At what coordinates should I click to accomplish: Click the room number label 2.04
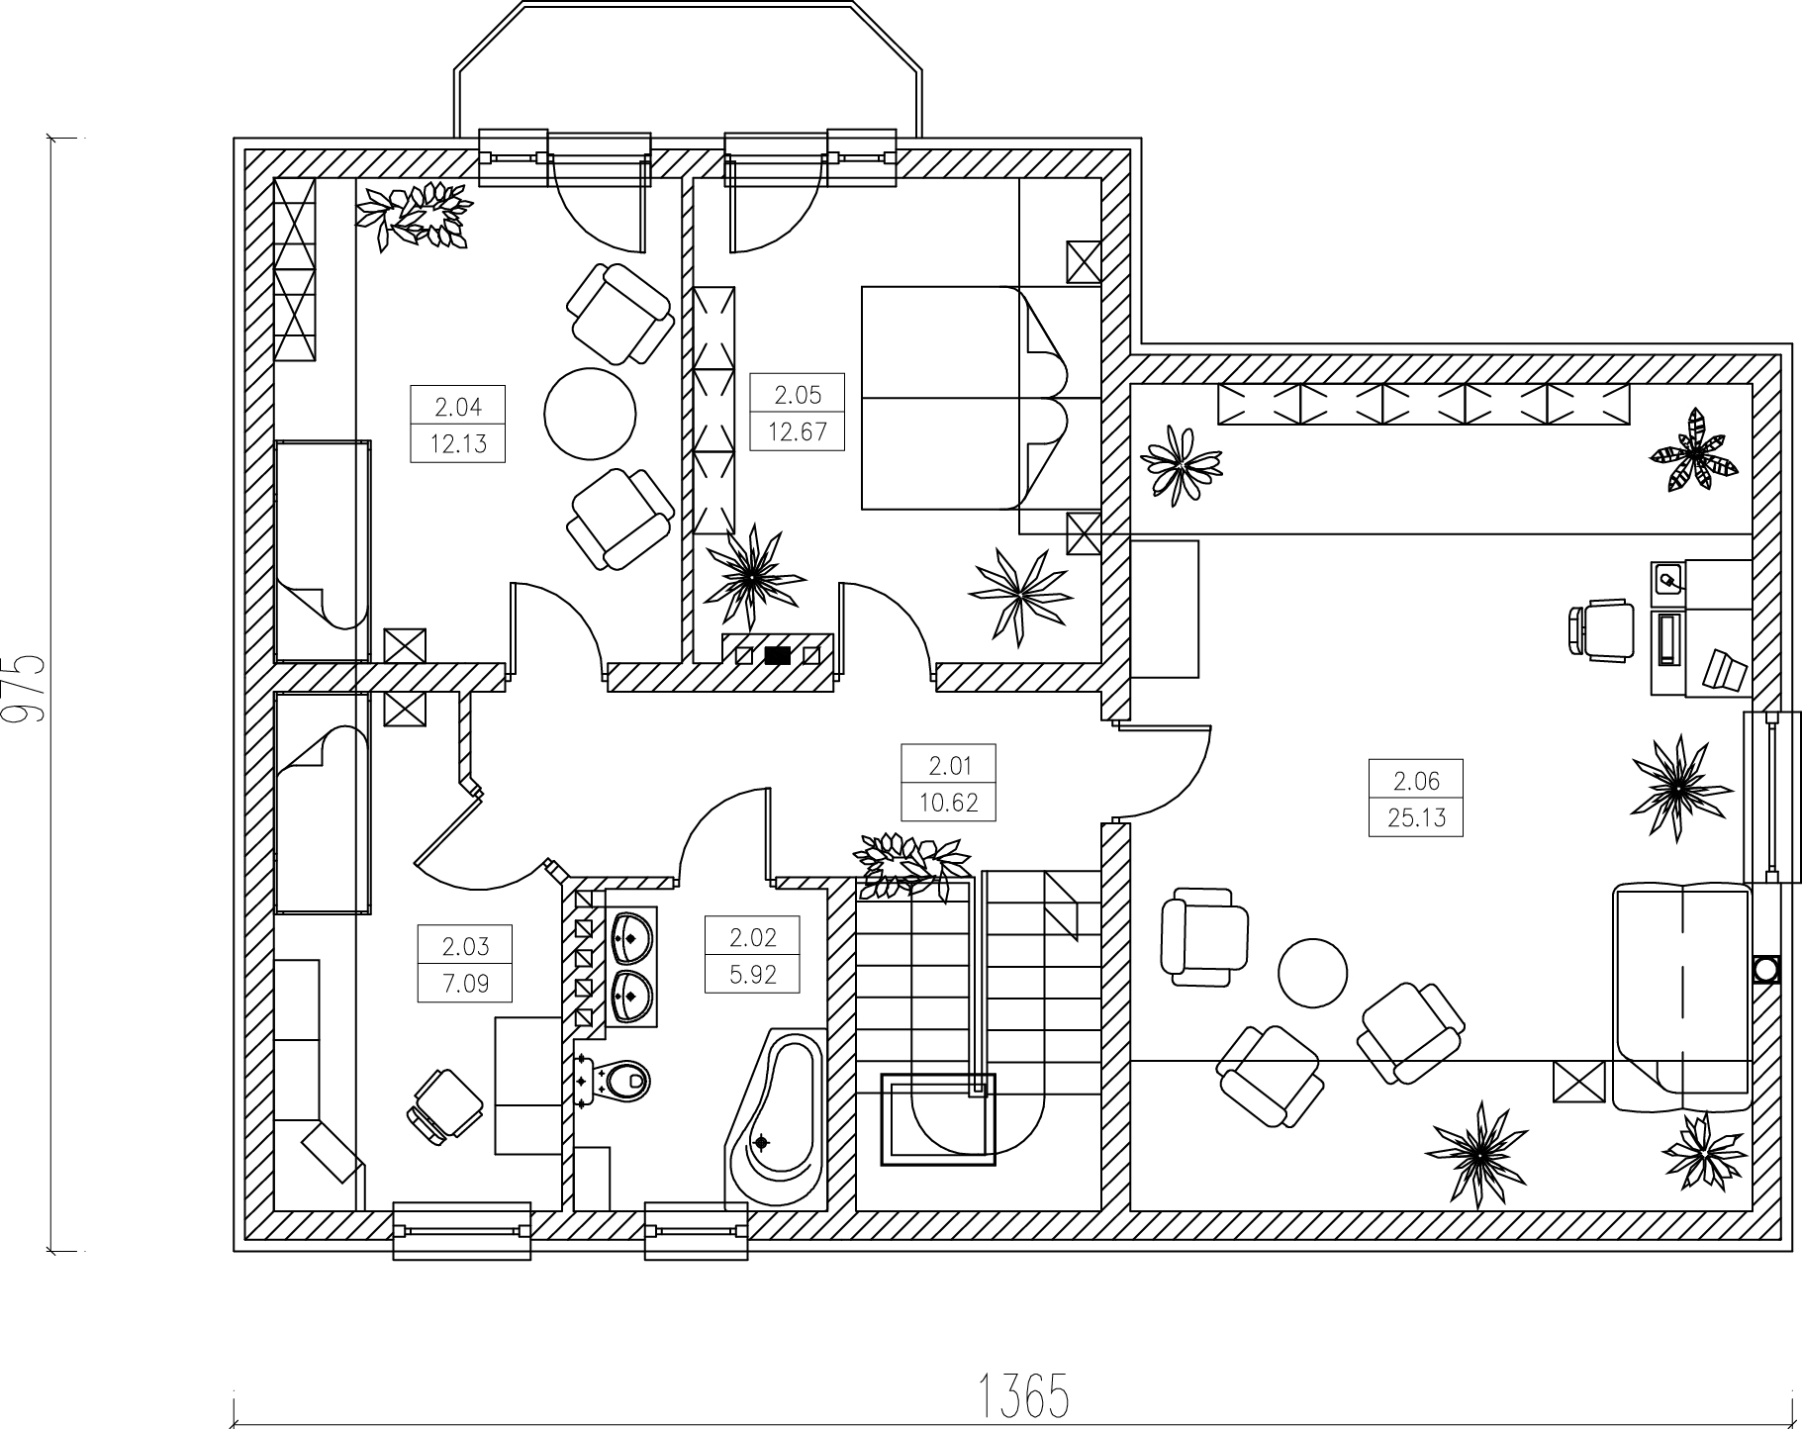pos(457,406)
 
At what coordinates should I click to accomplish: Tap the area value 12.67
pos(797,432)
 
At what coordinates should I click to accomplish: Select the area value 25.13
pos(1416,818)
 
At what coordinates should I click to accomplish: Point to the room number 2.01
pos(949,765)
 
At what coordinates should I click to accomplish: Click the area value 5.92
pos(752,975)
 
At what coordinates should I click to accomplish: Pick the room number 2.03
pos(465,947)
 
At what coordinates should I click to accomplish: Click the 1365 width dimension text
pos(1023,1395)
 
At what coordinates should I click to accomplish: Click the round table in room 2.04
pos(590,414)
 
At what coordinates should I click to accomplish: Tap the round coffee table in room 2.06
pos(1312,973)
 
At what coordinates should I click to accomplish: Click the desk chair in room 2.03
pos(443,1105)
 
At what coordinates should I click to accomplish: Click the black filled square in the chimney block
pos(778,654)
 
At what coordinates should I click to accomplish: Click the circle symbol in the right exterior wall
pos(1766,969)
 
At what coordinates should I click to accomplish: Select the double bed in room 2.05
pos(965,398)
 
